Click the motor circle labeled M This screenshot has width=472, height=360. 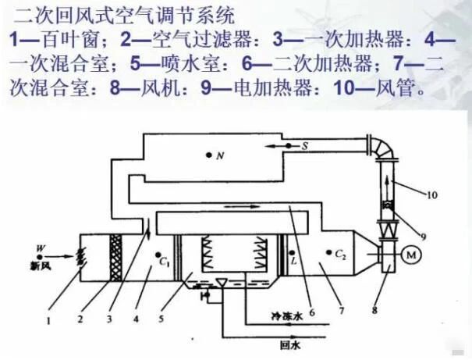click(x=411, y=255)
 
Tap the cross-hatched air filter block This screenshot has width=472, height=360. click(x=116, y=258)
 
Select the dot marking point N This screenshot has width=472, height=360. click(x=208, y=155)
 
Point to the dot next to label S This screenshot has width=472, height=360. click(x=289, y=146)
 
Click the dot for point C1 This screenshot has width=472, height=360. click(x=158, y=255)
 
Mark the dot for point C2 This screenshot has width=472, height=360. click(x=329, y=252)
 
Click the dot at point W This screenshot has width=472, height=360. click(x=40, y=257)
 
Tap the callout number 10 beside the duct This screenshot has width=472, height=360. click(x=432, y=195)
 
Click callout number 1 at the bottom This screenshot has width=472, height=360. click(x=48, y=321)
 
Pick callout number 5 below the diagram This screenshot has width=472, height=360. click(x=161, y=319)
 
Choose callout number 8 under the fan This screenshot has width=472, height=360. click(x=374, y=310)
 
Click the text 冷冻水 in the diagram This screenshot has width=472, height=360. click(x=286, y=316)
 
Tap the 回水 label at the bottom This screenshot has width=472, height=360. click(x=290, y=345)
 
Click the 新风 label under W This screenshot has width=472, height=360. click(x=41, y=266)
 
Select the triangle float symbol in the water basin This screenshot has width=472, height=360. click(x=222, y=282)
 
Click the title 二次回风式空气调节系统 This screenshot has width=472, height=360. click(x=124, y=16)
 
